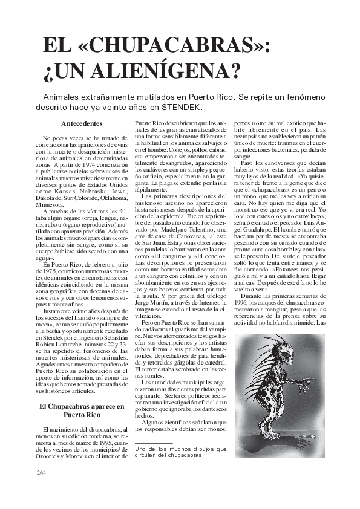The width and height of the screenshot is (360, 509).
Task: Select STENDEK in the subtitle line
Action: pyautogui.click(x=182, y=107)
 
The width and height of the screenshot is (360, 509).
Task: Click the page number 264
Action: pyautogui.click(x=41, y=473)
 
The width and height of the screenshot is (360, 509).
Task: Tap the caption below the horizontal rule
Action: pyautogui.click(x=180, y=452)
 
